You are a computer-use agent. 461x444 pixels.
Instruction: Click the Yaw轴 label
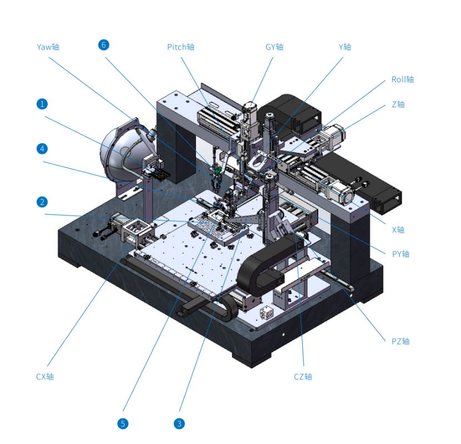pos(48,47)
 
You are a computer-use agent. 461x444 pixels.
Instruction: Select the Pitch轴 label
pos(181,47)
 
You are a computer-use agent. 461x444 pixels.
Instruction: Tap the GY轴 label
pos(274,47)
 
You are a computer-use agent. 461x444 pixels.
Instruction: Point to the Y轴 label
pos(345,47)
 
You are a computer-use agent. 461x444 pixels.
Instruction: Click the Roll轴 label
pos(403,79)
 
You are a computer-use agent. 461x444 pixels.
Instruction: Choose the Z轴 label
pos(398,104)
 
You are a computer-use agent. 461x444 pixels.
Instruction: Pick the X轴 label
pos(398,230)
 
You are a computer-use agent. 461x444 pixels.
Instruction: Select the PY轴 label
pos(400,254)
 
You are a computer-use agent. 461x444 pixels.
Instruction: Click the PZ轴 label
pos(400,342)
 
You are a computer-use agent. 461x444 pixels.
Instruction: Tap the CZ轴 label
pos(303,377)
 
